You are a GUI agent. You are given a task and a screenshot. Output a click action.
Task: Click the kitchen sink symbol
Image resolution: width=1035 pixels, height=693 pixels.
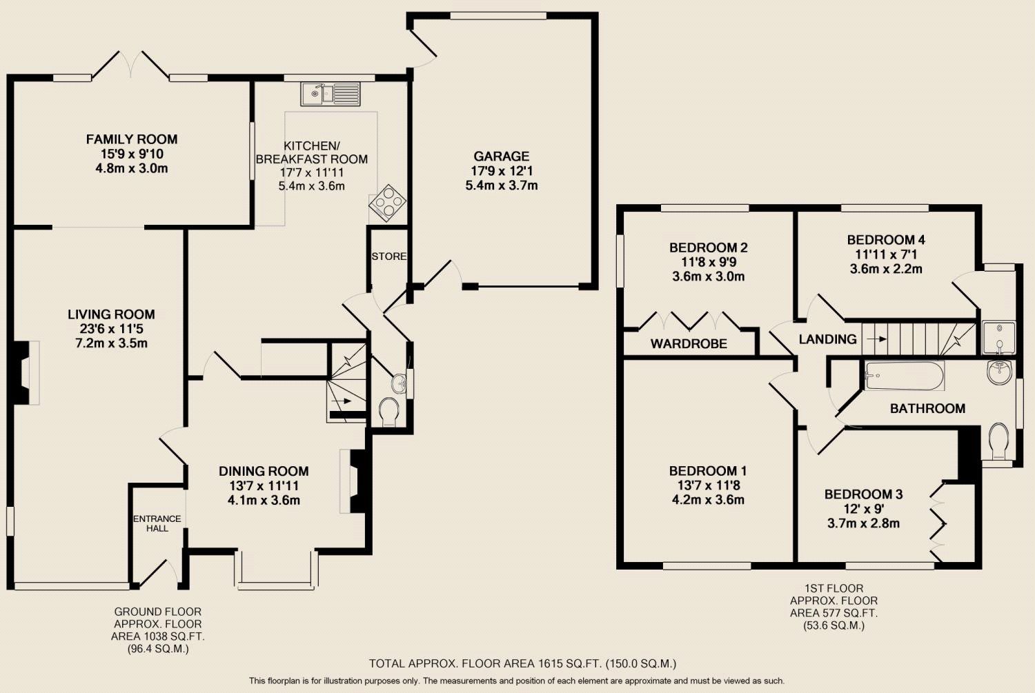pyautogui.click(x=331, y=94)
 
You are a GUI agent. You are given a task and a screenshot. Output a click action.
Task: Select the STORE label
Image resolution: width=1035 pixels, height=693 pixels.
pyautogui.click(x=389, y=257)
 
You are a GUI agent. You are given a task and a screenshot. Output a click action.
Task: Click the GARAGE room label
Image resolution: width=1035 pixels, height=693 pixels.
pyautogui.click(x=502, y=156)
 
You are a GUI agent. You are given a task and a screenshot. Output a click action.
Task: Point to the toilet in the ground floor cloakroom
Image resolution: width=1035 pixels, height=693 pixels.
pyautogui.click(x=389, y=412)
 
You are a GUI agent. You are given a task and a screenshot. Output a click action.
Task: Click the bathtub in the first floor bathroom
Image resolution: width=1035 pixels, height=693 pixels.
pyautogui.click(x=904, y=375)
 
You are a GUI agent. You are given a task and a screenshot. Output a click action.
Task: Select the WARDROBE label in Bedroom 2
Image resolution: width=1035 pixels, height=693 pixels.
pyautogui.click(x=689, y=343)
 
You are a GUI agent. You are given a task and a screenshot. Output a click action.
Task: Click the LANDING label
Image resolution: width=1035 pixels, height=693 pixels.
pyautogui.click(x=827, y=339)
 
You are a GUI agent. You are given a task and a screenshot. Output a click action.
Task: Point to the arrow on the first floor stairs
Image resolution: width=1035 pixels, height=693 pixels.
pyautogui.click(x=876, y=339)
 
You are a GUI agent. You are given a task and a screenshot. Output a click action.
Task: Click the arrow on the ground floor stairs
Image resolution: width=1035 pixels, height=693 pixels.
pyautogui.click(x=344, y=401)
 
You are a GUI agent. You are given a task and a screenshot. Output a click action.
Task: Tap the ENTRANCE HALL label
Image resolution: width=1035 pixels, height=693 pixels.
pyautogui.click(x=157, y=523)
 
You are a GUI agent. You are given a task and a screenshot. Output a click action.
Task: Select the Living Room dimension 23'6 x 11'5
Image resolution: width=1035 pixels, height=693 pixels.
pyautogui.click(x=111, y=329)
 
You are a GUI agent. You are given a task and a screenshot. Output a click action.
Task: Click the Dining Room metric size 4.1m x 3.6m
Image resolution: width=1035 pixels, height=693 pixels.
pyautogui.click(x=264, y=500)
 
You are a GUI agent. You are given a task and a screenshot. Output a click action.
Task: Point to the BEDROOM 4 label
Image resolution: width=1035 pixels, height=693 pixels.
pyautogui.click(x=886, y=240)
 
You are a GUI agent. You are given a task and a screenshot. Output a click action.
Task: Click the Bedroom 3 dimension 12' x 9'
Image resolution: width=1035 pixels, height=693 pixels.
pyautogui.click(x=863, y=509)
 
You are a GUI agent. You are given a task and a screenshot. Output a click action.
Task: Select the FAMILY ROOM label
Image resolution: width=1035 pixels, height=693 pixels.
pyautogui.click(x=132, y=139)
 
